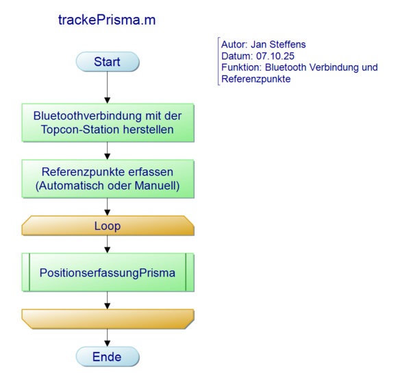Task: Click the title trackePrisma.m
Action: click(x=107, y=20)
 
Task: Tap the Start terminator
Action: click(x=108, y=62)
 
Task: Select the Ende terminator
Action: click(x=108, y=357)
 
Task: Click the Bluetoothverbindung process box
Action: click(x=108, y=122)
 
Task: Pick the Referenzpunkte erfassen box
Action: click(x=108, y=178)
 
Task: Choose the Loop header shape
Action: click(x=108, y=226)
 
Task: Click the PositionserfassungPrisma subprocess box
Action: click(x=108, y=273)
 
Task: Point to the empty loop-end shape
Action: click(x=108, y=319)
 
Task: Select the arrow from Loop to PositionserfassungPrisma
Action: click(x=108, y=243)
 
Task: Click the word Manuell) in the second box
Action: click(x=159, y=185)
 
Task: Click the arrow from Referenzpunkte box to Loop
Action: click(x=108, y=206)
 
